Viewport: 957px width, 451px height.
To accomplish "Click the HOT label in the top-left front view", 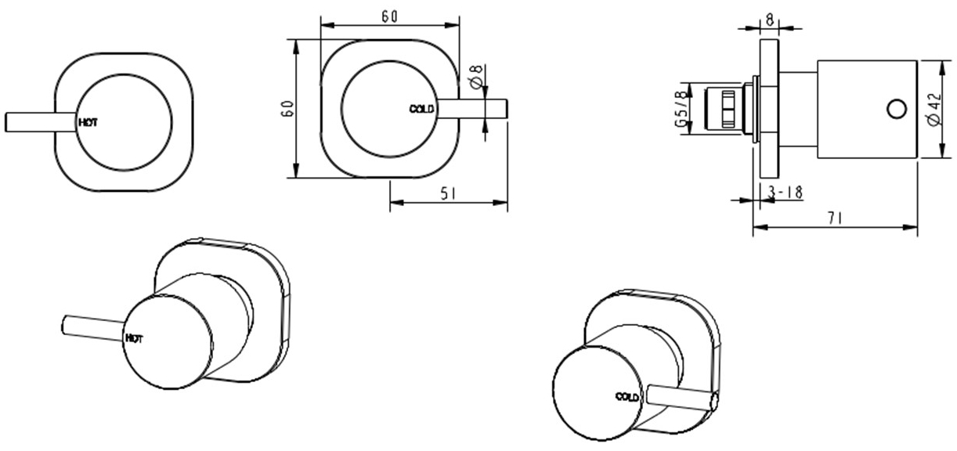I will pyautogui.click(x=88, y=122).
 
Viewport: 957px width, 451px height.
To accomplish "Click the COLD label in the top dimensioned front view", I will pyautogui.click(x=421, y=109).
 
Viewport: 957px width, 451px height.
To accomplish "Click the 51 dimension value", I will pyautogui.click(x=448, y=193).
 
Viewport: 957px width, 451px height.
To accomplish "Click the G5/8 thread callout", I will pyautogui.click(x=681, y=109).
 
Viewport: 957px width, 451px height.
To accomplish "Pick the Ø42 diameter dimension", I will pyautogui.click(x=932, y=109).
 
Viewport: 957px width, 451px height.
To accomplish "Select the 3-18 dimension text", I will pyautogui.click(x=785, y=192).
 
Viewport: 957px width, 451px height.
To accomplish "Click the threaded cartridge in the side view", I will pyautogui.click(x=725, y=109).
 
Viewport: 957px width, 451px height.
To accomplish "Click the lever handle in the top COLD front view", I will pyautogui.click(x=478, y=109).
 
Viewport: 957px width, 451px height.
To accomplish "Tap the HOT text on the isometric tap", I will pyautogui.click(x=134, y=338).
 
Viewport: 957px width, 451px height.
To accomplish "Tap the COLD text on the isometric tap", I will pyautogui.click(x=627, y=396).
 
